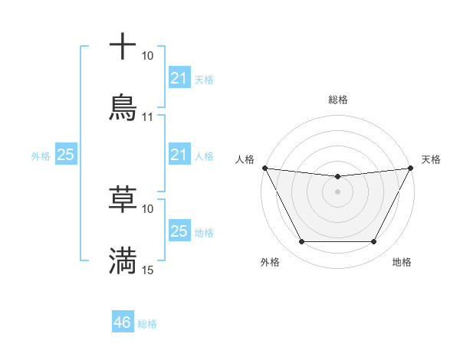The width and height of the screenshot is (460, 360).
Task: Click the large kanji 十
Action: tap(123, 47)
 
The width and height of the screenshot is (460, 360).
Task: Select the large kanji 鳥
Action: tap(123, 106)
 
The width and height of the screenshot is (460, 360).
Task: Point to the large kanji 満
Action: tap(123, 260)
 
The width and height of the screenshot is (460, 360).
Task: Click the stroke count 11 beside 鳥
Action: tap(147, 117)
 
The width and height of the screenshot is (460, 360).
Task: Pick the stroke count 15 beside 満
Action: tap(147, 270)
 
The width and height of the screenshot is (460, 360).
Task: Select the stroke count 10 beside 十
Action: tap(147, 56)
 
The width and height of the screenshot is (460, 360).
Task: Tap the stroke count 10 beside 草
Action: tap(147, 208)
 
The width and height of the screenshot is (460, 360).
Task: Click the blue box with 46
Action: tap(123, 322)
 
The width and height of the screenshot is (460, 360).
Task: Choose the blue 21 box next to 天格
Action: tap(179, 77)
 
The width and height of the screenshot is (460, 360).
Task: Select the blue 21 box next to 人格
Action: tap(179, 155)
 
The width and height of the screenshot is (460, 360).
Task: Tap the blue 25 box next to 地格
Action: tap(179, 231)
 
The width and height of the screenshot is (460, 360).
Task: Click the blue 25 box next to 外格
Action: tap(65, 155)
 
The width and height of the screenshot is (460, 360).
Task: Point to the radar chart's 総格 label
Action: tap(337, 100)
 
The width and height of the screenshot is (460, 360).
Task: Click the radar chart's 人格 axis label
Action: tap(245, 159)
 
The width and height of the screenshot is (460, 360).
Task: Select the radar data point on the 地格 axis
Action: tap(374, 242)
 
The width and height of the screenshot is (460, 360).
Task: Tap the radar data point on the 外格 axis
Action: tap(301, 242)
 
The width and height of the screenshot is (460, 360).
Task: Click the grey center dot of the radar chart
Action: tap(337, 191)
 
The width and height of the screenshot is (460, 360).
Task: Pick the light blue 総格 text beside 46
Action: tap(147, 324)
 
